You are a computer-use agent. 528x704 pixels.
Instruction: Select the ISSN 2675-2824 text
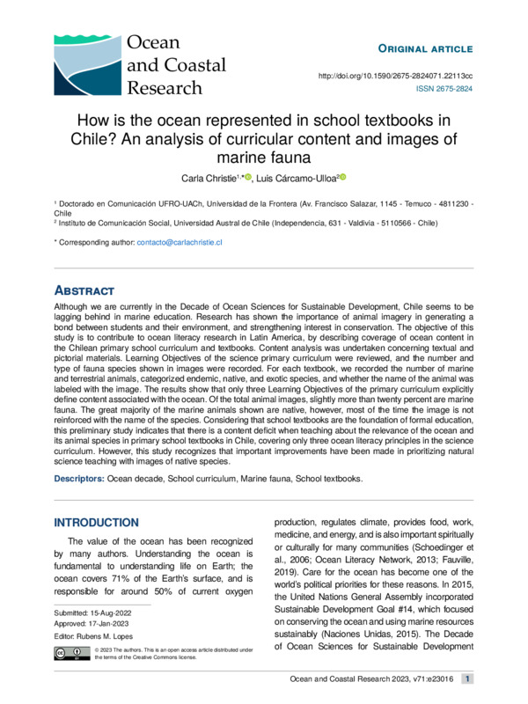[444, 90]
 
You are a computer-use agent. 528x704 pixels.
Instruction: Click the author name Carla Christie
[209, 178]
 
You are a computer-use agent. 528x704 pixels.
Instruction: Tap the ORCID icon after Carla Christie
[249, 177]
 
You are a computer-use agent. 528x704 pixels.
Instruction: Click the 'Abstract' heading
[85, 290]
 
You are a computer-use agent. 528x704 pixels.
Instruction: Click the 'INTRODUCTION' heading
[96, 522]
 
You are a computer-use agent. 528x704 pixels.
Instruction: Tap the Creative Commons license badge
[70, 653]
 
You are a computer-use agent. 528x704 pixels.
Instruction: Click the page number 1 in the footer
[468, 678]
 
